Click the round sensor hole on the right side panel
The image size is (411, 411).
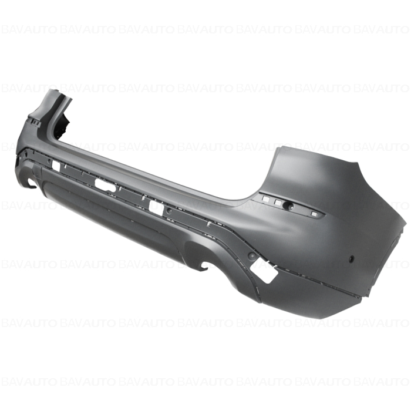click(351, 260)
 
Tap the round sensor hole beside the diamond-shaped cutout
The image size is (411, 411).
click(252, 255)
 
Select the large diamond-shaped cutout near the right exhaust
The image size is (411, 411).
click(264, 269)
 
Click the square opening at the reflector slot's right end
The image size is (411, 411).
click(313, 214)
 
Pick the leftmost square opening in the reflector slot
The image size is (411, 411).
click(265, 199)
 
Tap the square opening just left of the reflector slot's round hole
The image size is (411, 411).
click(278, 203)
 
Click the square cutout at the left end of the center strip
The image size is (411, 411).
click(56, 165)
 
